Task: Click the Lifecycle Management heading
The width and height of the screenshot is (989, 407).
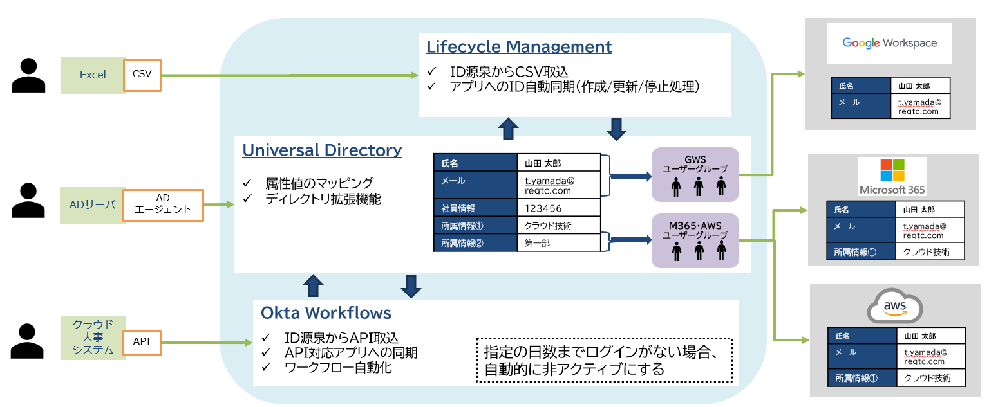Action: coord(519,47)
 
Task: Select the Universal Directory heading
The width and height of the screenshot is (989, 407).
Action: coord(322,150)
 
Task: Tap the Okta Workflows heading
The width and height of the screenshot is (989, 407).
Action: coord(326,313)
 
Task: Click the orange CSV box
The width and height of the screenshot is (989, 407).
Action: coord(142,75)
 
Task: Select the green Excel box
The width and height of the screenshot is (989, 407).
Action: coord(93,75)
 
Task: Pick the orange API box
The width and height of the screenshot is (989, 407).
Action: coord(142,342)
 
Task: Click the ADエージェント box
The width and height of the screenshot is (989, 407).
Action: coord(163,205)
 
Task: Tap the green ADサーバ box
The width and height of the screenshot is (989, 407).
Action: coord(92,205)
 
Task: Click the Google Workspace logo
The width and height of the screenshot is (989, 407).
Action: coord(889,43)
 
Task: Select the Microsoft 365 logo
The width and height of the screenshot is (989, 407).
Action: coord(892,176)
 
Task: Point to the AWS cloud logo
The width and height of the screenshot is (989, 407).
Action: coord(895,307)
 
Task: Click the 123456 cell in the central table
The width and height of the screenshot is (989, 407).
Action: coord(558,208)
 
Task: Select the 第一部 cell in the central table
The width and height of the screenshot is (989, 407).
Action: coord(558,243)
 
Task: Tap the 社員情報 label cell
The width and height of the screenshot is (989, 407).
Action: coord(475,208)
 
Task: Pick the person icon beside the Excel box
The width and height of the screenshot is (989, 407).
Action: coord(29,75)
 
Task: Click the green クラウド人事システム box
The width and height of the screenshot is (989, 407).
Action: coord(93,338)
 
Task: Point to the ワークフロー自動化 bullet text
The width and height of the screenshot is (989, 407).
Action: coord(338,368)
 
